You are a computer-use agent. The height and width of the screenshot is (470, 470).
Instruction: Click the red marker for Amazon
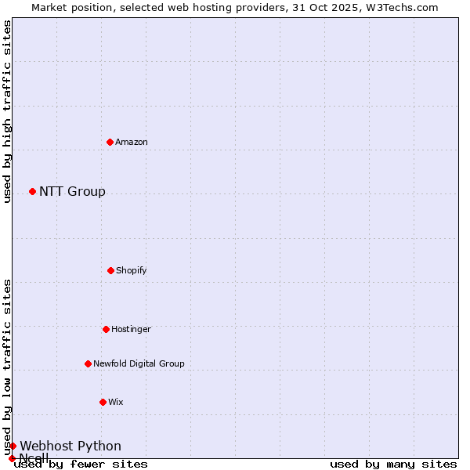coord(110,142)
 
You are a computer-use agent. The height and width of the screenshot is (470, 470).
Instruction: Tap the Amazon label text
coord(132,142)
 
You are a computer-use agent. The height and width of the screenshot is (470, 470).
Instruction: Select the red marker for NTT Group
coord(32,191)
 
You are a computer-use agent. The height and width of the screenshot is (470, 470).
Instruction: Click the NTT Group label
coord(72,192)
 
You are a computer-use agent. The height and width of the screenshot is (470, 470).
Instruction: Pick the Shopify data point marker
coord(110,270)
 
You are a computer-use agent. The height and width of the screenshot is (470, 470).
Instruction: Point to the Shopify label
coord(132,270)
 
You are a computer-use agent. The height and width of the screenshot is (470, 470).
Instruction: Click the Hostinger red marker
coord(106,329)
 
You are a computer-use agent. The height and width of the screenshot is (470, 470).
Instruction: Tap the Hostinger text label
coord(131,329)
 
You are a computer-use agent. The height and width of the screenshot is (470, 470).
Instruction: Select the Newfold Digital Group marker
coord(88,363)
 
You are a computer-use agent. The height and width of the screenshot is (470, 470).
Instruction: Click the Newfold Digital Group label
coord(139,363)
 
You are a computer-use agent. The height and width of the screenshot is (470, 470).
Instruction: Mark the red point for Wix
coord(103,402)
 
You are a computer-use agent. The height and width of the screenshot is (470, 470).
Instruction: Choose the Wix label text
coord(116,402)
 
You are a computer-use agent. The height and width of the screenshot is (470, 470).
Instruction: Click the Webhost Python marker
coord(13,446)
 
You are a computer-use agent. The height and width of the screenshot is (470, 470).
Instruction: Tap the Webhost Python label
coord(70,446)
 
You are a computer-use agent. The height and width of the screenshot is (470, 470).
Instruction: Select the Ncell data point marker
coord(12,458)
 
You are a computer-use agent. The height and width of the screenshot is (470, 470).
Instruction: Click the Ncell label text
coord(34,458)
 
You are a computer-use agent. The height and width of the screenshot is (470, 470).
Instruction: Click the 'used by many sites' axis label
coord(393,465)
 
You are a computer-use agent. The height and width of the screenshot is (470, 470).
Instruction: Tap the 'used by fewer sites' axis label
coord(81,465)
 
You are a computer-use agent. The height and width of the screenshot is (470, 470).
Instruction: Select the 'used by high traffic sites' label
coord(7,111)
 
